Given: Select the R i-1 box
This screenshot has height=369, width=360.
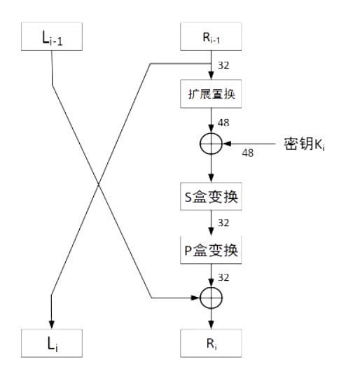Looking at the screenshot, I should (x=211, y=38).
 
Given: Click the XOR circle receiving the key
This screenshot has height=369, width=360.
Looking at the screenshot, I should (x=211, y=144).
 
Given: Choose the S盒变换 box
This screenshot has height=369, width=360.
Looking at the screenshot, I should (x=211, y=197).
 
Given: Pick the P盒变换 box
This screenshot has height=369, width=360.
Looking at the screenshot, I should (x=211, y=250).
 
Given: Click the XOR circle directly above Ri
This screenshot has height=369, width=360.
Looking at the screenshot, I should (x=211, y=298).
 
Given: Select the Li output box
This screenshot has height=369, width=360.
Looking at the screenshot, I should (x=53, y=344).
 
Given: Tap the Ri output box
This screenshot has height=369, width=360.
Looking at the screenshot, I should (x=211, y=344).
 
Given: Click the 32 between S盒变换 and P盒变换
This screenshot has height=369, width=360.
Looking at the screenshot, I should (x=224, y=224).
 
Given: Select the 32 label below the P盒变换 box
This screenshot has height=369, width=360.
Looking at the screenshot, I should (x=224, y=277).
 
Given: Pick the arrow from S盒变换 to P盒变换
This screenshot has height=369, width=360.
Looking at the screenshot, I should (x=211, y=223).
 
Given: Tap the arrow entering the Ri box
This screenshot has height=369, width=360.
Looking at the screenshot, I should (x=211, y=319).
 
